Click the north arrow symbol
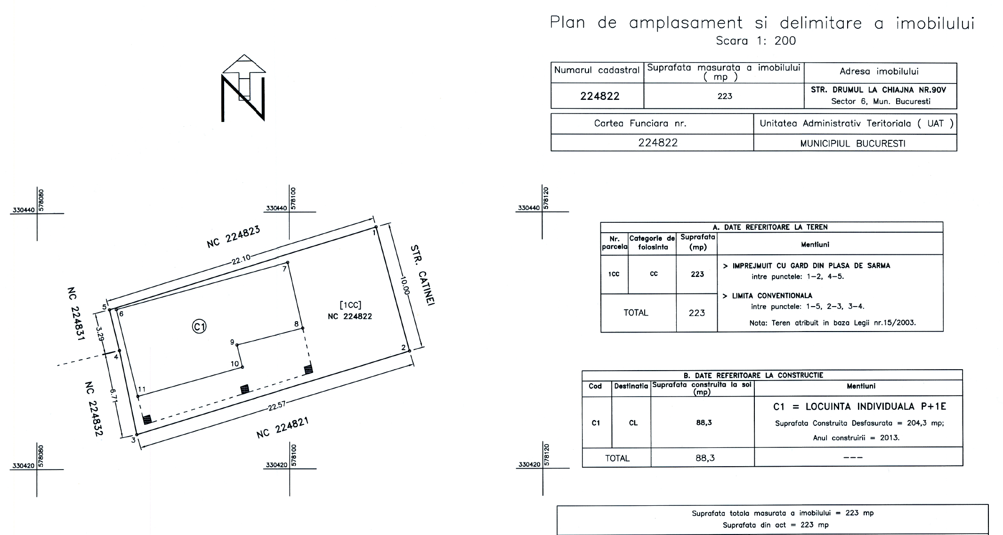pyautogui.click(x=243, y=88)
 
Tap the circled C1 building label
pyautogui.click(x=200, y=326)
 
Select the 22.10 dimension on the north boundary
pyautogui.click(x=241, y=259)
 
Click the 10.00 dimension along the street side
pyautogui.click(x=404, y=285)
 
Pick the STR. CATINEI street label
pyautogui.click(x=422, y=275)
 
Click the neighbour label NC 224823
pyautogui.click(x=233, y=237)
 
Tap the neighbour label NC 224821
pyautogui.click(x=283, y=428)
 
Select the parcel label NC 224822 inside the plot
pyautogui.click(x=350, y=316)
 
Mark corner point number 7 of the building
pyautogui.click(x=288, y=262)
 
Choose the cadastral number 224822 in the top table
pyautogui.click(x=599, y=96)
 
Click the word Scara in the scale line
pyautogui.click(x=732, y=41)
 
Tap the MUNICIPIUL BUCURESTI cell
pyautogui.click(x=853, y=144)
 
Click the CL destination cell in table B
pyautogui.click(x=633, y=423)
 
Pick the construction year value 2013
pyautogui.click(x=890, y=438)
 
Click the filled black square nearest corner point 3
pyautogui.click(x=147, y=419)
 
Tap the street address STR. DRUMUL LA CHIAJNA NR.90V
pyautogui.click(x=878, y=90)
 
